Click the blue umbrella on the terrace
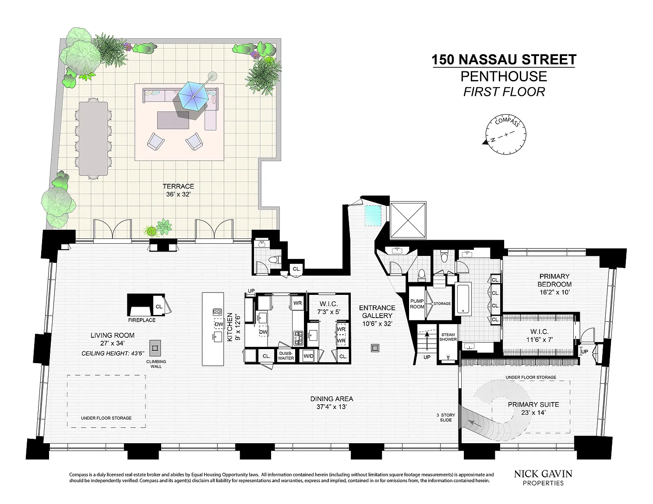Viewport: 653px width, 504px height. pos(193,94)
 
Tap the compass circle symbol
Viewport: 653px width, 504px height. pos(505,134)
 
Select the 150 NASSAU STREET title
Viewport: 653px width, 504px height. pos(504,59)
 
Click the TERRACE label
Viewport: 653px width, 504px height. pos(179,186)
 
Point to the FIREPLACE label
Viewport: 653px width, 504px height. pos(142,320)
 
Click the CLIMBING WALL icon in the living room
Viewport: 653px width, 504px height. pos(155,348)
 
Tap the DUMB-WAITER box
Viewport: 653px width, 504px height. pos(286,356)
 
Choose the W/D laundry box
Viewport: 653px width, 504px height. pos(308,356)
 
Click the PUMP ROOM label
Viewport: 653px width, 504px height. pos(417,304)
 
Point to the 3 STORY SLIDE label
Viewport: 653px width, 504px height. pos(446,417)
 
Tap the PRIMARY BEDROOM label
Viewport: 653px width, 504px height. pos(554,284)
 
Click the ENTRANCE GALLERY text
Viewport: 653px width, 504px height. pos(377,311)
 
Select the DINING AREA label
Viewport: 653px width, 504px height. pos(332,399)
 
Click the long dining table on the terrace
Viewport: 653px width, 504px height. pos(93,138)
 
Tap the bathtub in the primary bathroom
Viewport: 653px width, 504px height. pos(463,299)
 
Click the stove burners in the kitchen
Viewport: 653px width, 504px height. pos(298,338)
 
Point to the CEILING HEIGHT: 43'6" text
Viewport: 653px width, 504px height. pos(113,353)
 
